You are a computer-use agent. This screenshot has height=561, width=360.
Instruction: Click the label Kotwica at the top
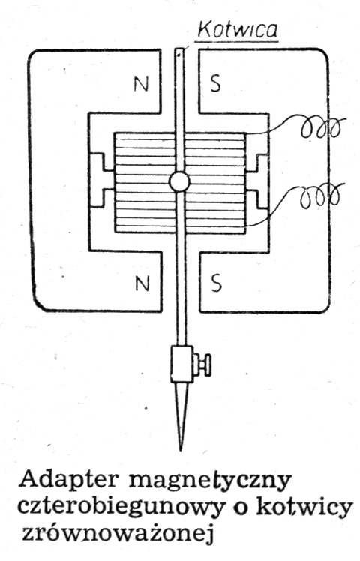pyautogui.click(x=238, y=31)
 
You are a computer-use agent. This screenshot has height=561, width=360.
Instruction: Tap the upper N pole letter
pyautogui.click(x=141, y=84)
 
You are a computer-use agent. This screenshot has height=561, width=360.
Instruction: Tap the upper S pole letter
pyautogui.click(x=215, y=84)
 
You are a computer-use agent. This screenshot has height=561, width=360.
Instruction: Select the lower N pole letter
pyautogui.click(x=142, y=283)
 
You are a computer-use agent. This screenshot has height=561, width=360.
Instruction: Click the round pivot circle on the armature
pyautogui.click(x=178, y=182)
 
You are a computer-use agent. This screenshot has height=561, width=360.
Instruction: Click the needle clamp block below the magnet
pyautogui.click(x=182, y=364)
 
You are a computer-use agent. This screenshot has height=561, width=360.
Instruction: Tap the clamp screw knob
pyautogui.click(x=203, y=364)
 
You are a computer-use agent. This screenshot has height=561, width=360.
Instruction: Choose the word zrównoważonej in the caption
pyautogui.click(x=117, y=533)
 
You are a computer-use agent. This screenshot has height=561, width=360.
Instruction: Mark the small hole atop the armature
pyautogui.click(x=178, y=54)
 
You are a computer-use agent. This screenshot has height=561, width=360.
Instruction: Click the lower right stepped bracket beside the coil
pyautogui.click(x=258, y=199)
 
